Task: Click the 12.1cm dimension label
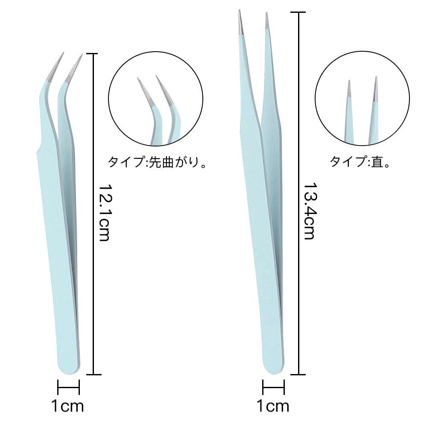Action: (x=104, y=213)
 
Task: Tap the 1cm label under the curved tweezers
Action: (x=67, y=406)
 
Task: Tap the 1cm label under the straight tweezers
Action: (x=273, y=406)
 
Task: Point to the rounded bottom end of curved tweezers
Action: (x=68, y=368)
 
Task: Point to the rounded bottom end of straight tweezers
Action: (x=273, y=367)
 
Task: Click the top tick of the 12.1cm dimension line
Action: (x=93, y=54)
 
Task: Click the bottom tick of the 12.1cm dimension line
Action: (x=93, y=374)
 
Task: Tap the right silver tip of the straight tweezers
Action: (x=267, y=21)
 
